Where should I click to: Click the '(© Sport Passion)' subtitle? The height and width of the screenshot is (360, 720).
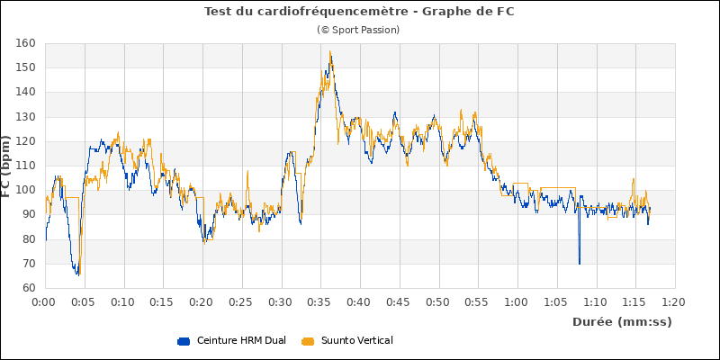358,30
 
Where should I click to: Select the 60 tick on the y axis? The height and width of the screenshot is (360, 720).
28,288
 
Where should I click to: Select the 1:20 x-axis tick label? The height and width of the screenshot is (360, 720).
673,302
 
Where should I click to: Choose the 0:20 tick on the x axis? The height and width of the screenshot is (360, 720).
202,302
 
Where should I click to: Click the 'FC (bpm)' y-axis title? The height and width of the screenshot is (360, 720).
7,166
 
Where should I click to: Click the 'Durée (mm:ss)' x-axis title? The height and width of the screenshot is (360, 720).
622,321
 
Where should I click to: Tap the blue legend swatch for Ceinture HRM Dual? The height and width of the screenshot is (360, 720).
184,340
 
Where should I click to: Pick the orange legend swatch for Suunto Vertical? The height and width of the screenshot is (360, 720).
308,340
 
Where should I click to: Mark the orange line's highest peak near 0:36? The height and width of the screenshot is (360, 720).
330,51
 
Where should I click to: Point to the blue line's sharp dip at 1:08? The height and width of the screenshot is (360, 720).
579,263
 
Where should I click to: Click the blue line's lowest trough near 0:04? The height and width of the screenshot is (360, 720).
77,274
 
